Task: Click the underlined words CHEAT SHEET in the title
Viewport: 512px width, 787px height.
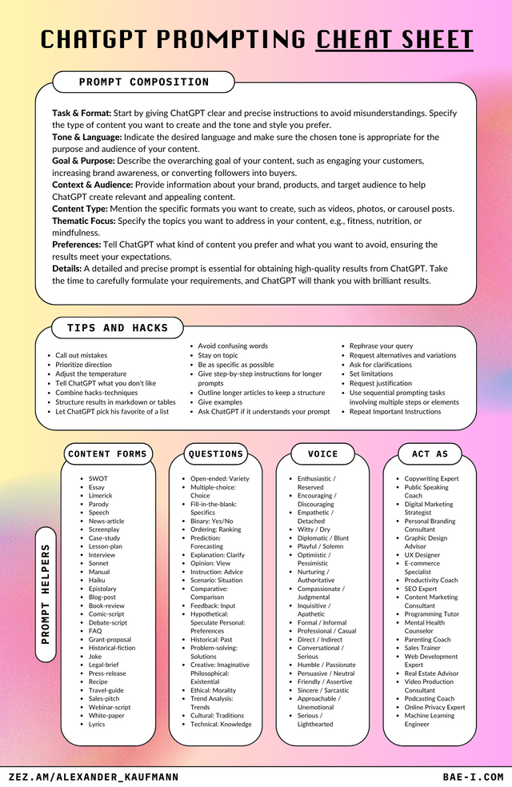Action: point(394,38)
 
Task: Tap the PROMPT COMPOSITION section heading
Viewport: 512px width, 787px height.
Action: point(144,82)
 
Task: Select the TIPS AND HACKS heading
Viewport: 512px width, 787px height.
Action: point(118,328)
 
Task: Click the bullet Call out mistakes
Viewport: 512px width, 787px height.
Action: point(81,355)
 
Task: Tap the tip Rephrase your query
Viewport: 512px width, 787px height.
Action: point(381,346)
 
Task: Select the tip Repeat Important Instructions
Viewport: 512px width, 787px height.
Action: point(395,412)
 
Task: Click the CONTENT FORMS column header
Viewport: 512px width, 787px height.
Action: point(108,454)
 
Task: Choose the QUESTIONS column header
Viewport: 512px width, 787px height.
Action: point(215,454)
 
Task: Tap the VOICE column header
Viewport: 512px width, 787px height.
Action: point(322,454)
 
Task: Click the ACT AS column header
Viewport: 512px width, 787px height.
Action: point(430,454)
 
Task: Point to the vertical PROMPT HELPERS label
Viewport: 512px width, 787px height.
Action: point(46,593)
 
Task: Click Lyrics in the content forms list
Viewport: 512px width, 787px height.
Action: point(97,725)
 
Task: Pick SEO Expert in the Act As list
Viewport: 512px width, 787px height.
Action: point(421,589)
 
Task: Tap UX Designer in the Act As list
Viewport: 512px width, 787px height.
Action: point(422,555)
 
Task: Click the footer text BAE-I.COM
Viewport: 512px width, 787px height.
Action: point(473,777)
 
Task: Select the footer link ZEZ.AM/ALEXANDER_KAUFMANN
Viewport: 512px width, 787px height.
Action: point(94,777)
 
